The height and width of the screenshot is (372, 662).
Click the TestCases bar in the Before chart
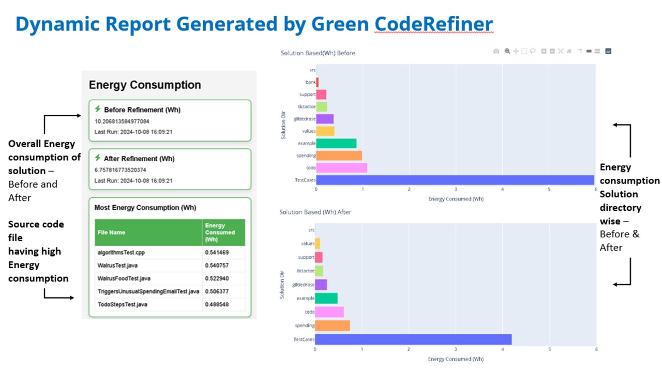pyautogui.click(x=455, y=180)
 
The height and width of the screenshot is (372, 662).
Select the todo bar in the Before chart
pyautogui.click(x=341, y=167)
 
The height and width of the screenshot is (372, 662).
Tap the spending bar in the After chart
pyautogui.click(x=332, y=326)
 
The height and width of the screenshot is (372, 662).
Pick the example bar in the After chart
pyautogui.click(x=326, y=298)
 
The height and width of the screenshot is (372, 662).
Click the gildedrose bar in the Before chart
pyautogui.click(x=325, y=119)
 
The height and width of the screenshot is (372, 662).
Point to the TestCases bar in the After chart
pyautogui.click(x=413, y=339)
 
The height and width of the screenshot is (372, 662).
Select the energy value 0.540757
pyautogui.click(x=217, y=266)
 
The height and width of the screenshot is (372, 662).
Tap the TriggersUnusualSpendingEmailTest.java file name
pyautogui.click(x=148, y=291)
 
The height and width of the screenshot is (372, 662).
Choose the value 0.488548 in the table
pyautogui.click(x=217, y=304)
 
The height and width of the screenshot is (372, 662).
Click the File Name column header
pyautogui.click(x=111, y=233)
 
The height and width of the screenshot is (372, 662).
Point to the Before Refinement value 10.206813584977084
pyautogui.click(x=122, y=121)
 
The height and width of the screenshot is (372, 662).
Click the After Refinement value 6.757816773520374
pyautogui.click(x=121, y=170)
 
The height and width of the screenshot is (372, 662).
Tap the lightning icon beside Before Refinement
pyautogui.click(x=98, y=109)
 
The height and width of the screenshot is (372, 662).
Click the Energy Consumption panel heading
pyautogui.click(x=145, y=85)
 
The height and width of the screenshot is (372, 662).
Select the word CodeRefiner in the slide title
pyautogui.click(x=434, y=24)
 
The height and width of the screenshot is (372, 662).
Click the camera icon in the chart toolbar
pyautogui.click(x=496, y=51)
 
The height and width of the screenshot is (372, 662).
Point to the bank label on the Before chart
pyautogui.click(x=310, y=82)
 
